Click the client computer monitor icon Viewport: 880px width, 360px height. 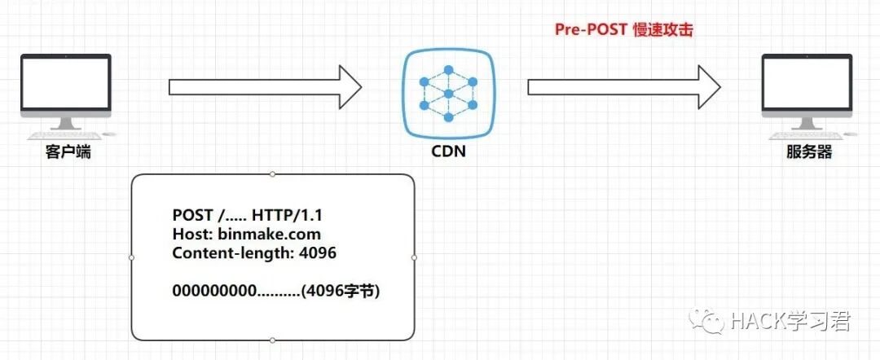click(x=65, y=85)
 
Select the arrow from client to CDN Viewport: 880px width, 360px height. click(x=265, y=86)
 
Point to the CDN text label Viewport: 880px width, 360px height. click(x=448, y=151)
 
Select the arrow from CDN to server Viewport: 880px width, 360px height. click(x=623, y=86)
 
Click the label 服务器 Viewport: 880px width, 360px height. click(x=809, y=151)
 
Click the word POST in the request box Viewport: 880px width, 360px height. click(x=191, y=216)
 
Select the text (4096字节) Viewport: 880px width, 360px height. click(x=341, y=290)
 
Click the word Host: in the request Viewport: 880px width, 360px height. click(x=191, y=235)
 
